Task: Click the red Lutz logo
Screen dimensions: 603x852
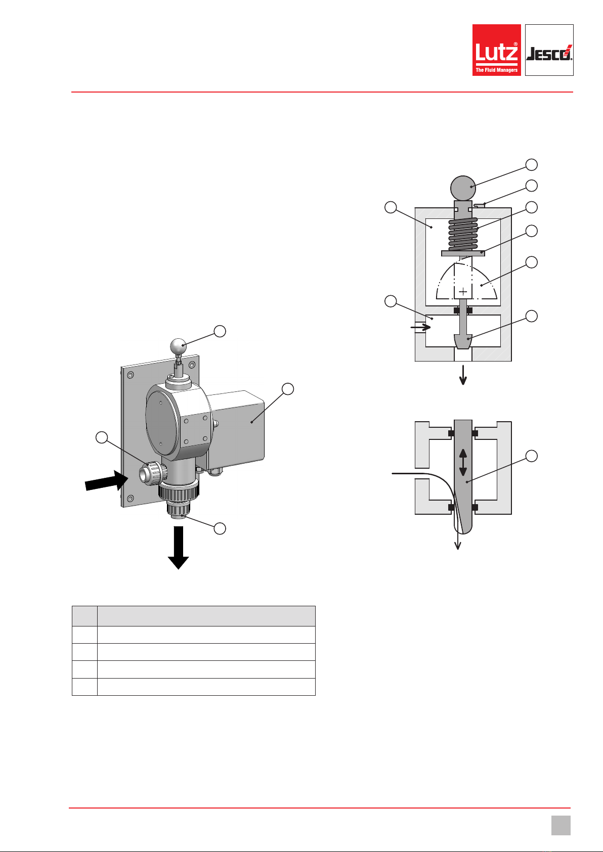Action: pyautogui.click(x=496, y=50)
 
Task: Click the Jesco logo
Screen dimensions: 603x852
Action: pyautogui.click(x=549, y=50)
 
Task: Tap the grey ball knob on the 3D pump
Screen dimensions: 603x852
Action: pyautogui.click(x=178, y=346)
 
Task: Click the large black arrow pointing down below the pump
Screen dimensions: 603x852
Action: pyautogui.click(x=179, y=548)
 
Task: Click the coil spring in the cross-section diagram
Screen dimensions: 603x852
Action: pyautogui.click(x=463, y=234)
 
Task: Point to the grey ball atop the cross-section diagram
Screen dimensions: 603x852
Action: pyautogui.click(x=463, y=188)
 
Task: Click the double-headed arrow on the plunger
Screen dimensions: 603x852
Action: pyautogui.click(x=463, y=462)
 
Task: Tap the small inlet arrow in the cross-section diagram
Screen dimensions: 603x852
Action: pyautogui.click(x=421, y=327)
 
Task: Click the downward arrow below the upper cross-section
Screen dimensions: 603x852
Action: pyautogui.click(x=463, y=375)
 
